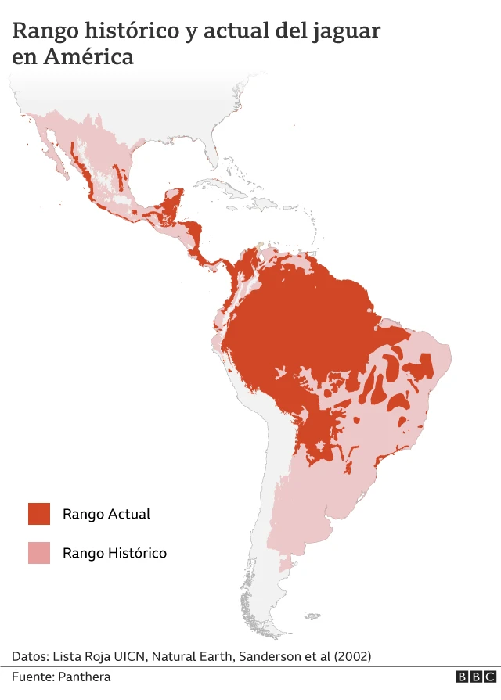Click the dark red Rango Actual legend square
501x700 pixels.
tap(39, 514)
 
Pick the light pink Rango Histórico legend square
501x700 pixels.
tap(39, 553)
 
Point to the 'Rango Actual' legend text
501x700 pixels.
tap(106, 514)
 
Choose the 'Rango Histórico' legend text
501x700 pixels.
tap(114, 553)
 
